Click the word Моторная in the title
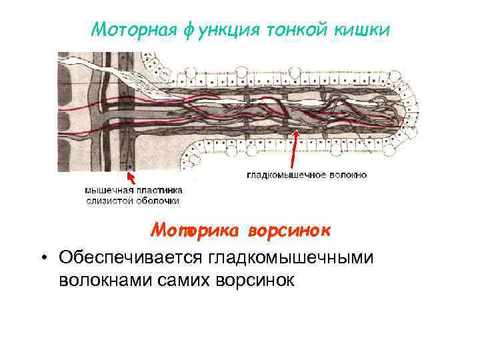tap(132, 29)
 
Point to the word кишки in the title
tap(361, 29)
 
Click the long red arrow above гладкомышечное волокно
tap(294, 150)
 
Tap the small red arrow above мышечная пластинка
tap(131, 177)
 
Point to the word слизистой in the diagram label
tap(109, 200)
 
